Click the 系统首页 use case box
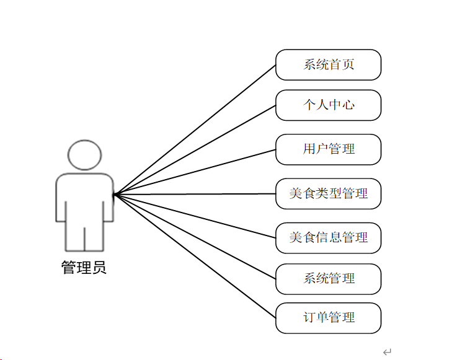pos(328,65)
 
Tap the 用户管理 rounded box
pos(328,149)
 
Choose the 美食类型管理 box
pos(328,193)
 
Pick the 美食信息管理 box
pos(328,237)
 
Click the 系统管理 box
pos(328,278)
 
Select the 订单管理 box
pos(328,318)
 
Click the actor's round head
pos(84,155)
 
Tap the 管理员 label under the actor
pos(84,268)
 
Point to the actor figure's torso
pos(84,198)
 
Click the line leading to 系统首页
pos(195,130)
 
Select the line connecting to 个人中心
pos(195,149)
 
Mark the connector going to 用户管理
pos(195,172)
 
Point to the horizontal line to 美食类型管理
pos(195,194)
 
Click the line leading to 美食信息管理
pos(195,216)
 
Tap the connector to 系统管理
pos(195,236)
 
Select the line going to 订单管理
pos(195,256)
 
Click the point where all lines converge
pos(114,195)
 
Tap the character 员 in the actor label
pos(99,268)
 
